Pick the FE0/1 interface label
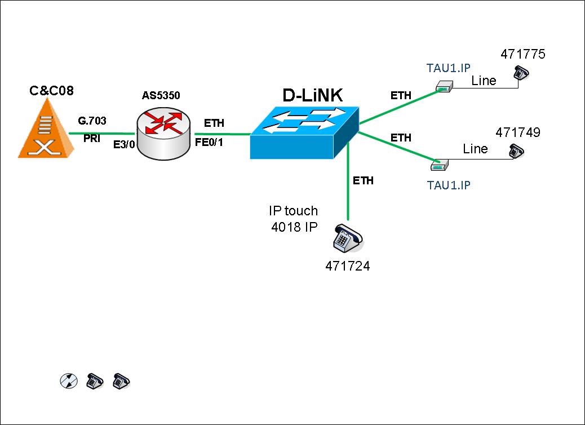pos(209,142)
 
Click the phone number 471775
pos(524,55)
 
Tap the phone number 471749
pos(518,132)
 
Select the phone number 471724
pos(348,267)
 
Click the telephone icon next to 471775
pos(521,73)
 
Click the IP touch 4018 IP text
pos(293,219)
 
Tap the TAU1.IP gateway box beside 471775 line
pos(444,86)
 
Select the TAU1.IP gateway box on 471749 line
pos(439,165)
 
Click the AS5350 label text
pos(161,95)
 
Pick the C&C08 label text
pos(51,90)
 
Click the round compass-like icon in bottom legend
pos(67,381)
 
